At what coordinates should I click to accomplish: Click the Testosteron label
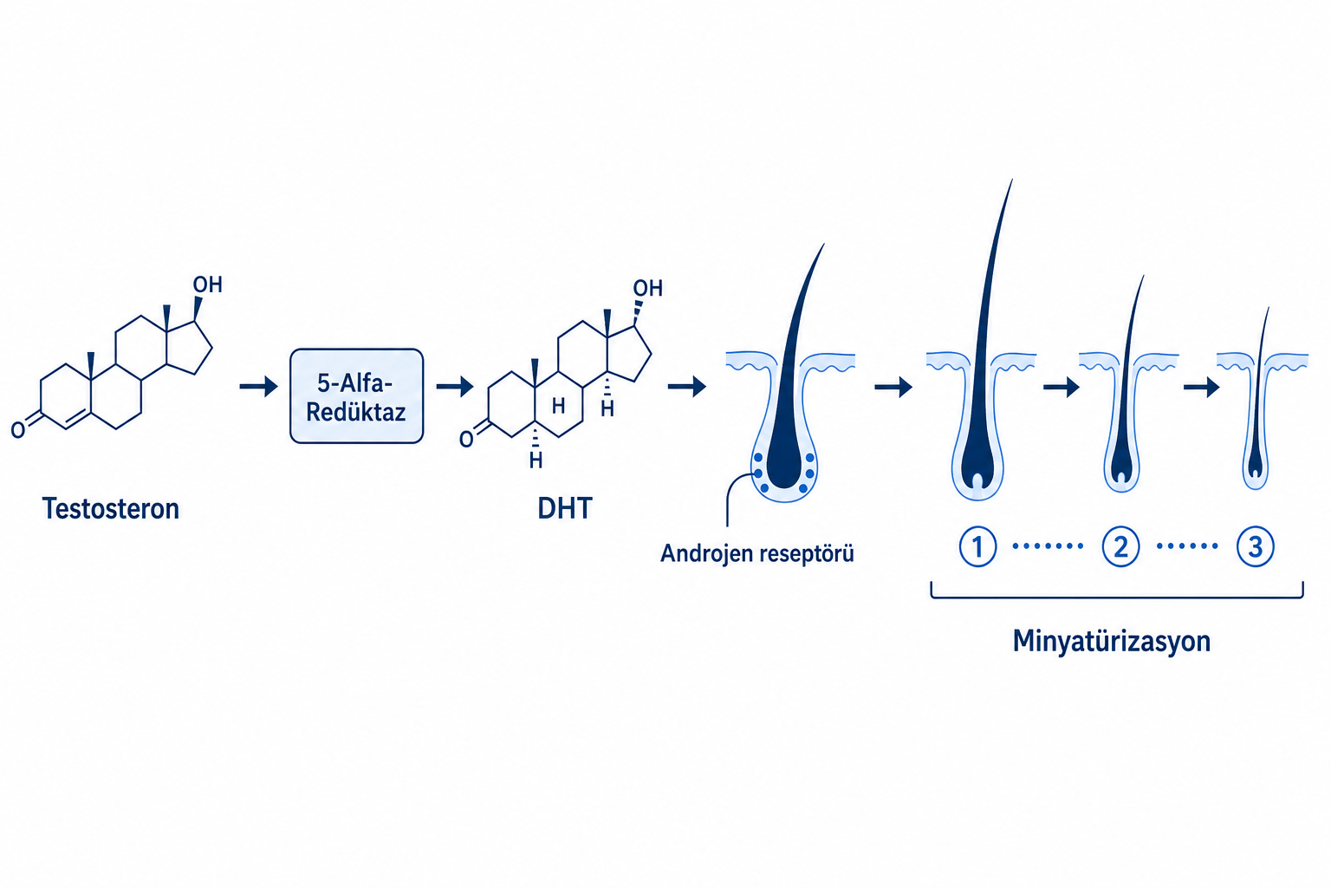point(111,509)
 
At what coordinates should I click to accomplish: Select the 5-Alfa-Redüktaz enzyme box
point(356,396)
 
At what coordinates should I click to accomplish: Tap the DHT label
point(564,509)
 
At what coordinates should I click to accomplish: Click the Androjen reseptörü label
point(757,554)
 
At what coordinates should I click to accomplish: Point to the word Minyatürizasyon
point(1111,642)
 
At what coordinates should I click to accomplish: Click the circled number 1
point(977,546)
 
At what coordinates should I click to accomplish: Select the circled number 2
point(1120,546)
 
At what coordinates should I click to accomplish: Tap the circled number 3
point(1255,546)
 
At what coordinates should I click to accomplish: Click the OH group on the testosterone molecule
point(207,285)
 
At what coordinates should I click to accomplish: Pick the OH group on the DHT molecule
point(647,289)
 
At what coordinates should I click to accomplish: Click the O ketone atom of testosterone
point(18,430)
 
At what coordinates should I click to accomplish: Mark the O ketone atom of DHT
point(466,440)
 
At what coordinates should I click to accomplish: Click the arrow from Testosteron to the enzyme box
point(258,387)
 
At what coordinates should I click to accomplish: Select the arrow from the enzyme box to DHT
point(455,387)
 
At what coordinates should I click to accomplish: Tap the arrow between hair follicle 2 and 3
point(1202,388)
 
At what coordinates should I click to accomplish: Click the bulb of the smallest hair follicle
point(1255,467)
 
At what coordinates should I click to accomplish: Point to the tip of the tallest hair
point(1012,180)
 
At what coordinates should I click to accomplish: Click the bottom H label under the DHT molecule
point(536,460)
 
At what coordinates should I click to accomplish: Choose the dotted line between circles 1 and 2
point(1049,546)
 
